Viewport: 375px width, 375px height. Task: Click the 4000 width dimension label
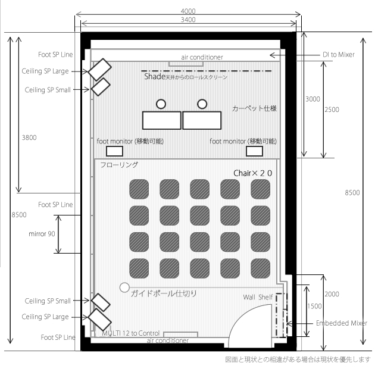coord(188,11)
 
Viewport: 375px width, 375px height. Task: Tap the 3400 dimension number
coord(188,20)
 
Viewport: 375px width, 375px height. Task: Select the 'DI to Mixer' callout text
coord(339,55)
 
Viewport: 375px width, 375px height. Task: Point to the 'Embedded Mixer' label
coord(342,323)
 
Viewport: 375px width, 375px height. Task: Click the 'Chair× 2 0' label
coord(252,173)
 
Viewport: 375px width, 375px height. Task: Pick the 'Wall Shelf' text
coord(258,297)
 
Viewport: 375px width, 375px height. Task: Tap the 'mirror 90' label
coord(42,234)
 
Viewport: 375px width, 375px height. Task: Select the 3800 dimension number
coord(29,137)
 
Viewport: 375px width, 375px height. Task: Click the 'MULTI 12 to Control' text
coord(130,333)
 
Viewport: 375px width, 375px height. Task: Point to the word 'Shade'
coord(155,77)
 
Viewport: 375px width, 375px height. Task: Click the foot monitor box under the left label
coord(114,151)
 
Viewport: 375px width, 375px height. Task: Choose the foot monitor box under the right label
coord(255,151)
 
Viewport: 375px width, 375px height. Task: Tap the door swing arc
coord(239,315)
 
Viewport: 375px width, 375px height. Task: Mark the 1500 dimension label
coord(314,306)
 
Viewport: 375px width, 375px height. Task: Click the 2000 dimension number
coord(332,294)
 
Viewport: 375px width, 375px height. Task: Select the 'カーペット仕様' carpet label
coord(255,108)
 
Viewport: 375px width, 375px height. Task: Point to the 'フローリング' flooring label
coord(119,164)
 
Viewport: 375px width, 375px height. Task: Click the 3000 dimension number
coord(312,99)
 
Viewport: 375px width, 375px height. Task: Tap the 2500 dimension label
coord(332,110)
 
